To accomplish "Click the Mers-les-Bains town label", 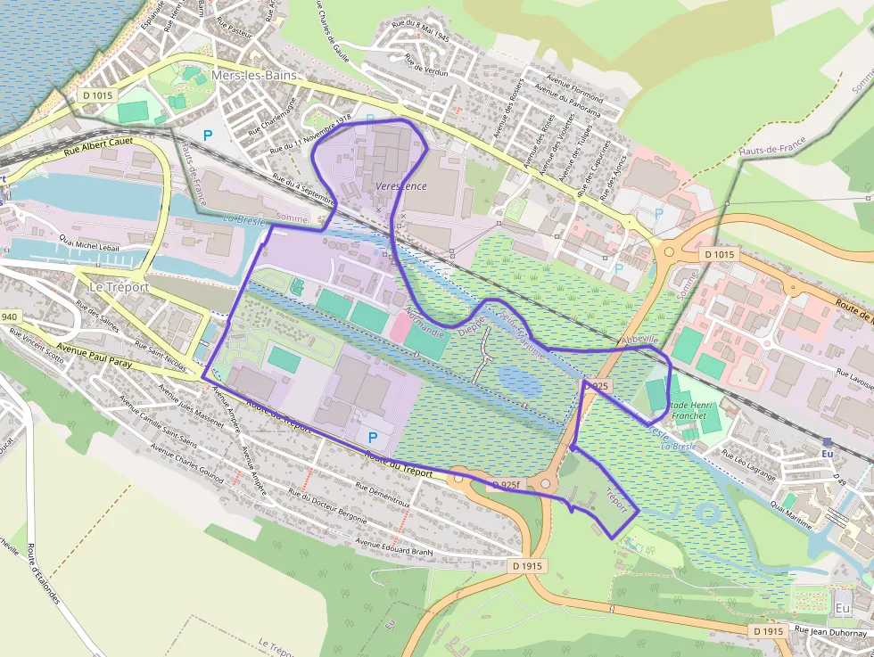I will point(254,76).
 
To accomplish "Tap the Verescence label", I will point(401,186).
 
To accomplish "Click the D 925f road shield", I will point(504,485).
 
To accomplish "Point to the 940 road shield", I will point(9,316).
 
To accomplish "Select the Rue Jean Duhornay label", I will point(830,632).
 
